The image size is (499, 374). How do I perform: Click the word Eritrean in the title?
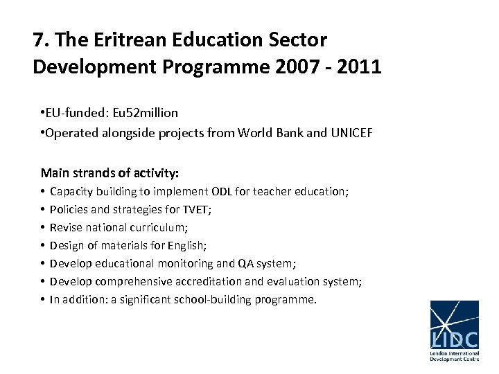click(121, 39)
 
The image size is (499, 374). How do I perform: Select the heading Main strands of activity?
click(110, 172)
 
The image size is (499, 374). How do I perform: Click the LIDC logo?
click(454, 331)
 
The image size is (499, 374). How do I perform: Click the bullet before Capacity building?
click(43, 191)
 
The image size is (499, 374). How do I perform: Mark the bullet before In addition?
click(43, 299)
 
